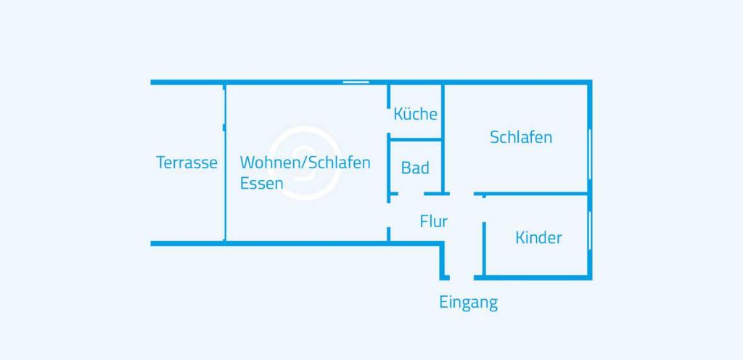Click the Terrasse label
click(186, 163)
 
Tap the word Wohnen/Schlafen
click(305, 162)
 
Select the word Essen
click(261, 184)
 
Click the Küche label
click(415, 114)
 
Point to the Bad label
click(415, 168)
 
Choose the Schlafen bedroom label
click(521, 137)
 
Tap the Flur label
click(434, 221)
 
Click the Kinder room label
click(538, 237)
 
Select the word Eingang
click(468, 302)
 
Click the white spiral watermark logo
click(303, 161)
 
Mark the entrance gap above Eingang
click(462, 277)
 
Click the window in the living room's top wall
click(356, 82)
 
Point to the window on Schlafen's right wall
click(590, 152)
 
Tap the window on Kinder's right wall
click(590, 229)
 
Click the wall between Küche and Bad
click(416, 138)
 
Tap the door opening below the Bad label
click(411, 194)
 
